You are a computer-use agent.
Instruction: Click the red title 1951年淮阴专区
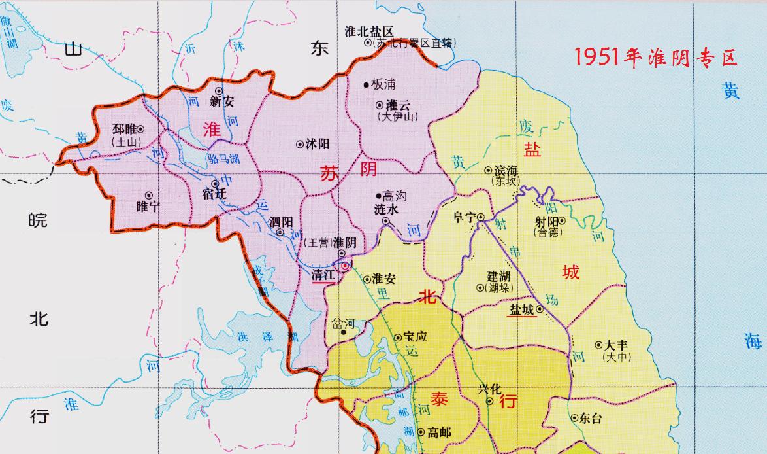pyautogui.click(x=656, y=58)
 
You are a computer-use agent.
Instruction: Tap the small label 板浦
pyautogui.click(x=383, y=84)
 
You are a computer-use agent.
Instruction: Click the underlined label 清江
pyautogui.click(x=323, y=275)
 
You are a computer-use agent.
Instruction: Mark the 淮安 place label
pyautogui.click(x=384, y=278)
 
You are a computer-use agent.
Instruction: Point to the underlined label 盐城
pyautogui.click(x=522, y=309)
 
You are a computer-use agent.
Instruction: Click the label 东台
pyautogui.click(x=591, y=419)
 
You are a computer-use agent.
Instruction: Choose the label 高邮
pyautogui.click(x=438, y=432)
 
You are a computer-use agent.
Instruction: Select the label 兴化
pyautogui.click(x=489, y=389)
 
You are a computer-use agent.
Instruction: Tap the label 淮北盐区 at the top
pyautogui.click(x=369, y=31)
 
